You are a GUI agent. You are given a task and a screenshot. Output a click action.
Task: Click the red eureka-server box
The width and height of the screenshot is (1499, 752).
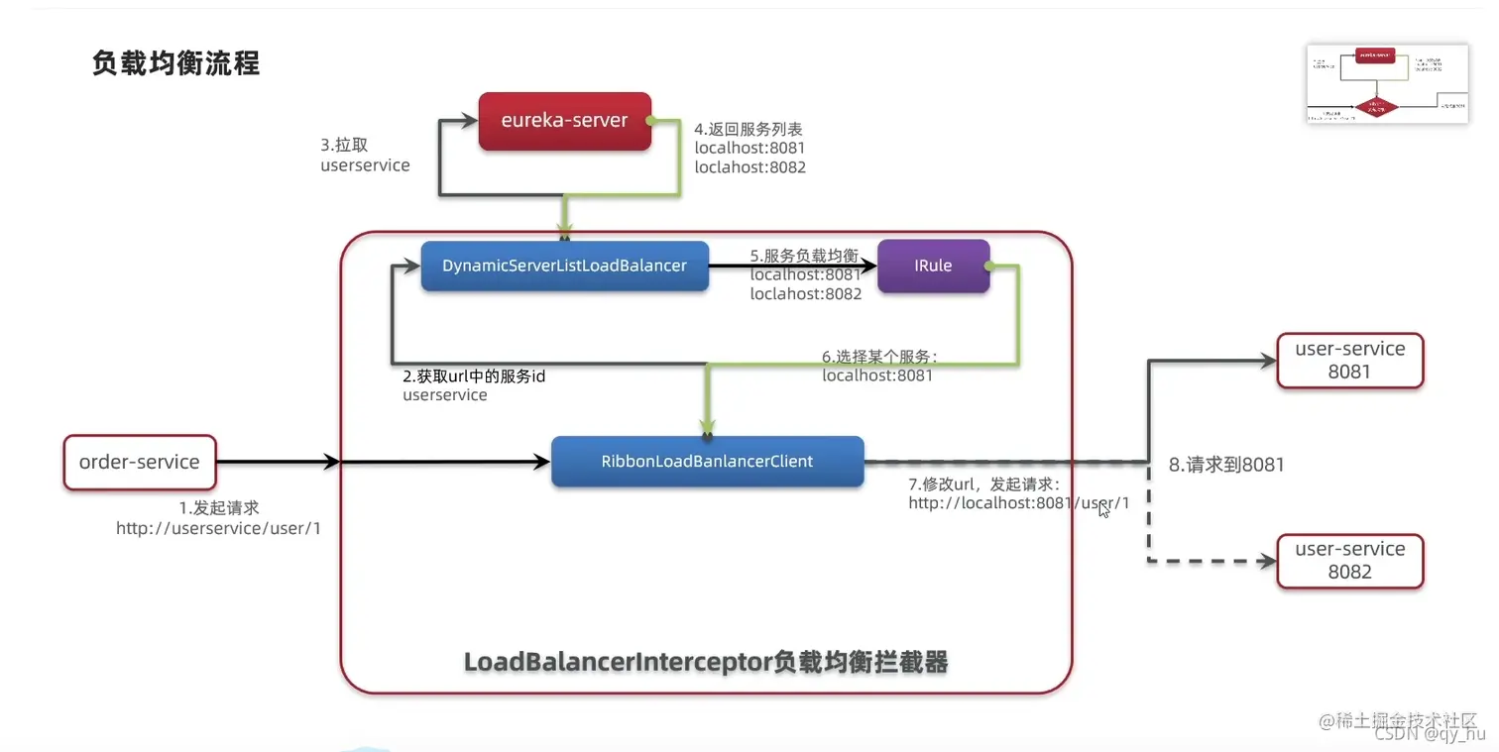pos(564,121)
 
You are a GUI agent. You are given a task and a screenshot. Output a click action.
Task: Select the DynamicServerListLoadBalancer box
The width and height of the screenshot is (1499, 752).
pos(564,266)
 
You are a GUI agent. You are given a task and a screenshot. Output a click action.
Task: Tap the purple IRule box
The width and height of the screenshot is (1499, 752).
pos(933,266)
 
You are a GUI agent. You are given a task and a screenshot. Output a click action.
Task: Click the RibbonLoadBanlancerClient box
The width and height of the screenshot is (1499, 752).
pos(707,462)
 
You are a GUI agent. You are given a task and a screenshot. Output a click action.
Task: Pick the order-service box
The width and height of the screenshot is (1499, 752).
pos(139,462)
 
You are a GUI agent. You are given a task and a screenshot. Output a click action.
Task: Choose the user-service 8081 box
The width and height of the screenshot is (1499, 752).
pos(1349,361)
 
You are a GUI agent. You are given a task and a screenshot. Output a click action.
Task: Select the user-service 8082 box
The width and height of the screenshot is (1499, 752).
pos(1349,561)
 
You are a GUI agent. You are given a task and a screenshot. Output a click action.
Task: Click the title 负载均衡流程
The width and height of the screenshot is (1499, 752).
pos(175,63)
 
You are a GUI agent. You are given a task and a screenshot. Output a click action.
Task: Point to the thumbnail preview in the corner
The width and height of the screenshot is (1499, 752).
pos(1387,84)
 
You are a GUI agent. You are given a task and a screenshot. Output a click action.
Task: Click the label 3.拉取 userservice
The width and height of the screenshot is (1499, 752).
pos(364,156)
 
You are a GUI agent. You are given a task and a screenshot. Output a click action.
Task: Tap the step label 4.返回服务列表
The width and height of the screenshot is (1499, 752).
pos(749,129)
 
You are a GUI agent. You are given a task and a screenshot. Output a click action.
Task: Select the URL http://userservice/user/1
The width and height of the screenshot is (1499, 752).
pos(218,529)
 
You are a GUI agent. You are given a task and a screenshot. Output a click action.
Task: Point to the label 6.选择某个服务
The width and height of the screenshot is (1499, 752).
pos(878,357)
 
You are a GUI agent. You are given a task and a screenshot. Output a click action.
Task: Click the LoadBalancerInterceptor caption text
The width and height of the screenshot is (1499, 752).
pos(706,662)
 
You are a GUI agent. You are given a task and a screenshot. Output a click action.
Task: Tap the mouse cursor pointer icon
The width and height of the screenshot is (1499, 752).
pos(1104,509)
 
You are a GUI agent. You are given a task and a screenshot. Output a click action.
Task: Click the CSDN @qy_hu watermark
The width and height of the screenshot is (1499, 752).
pos(1429,734)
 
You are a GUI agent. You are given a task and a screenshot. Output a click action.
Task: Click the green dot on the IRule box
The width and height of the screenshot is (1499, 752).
pos(986,266)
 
